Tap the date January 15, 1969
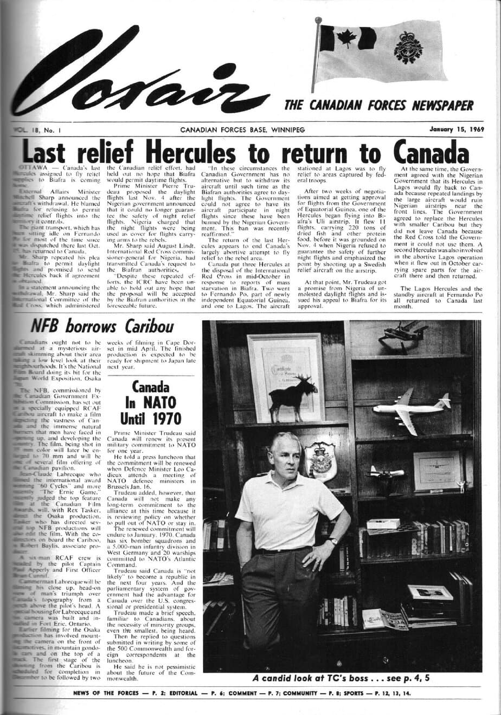click(457, 129)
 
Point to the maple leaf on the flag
click(346, 40)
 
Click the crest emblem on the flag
click(408, 47)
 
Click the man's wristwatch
click(333, 541)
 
